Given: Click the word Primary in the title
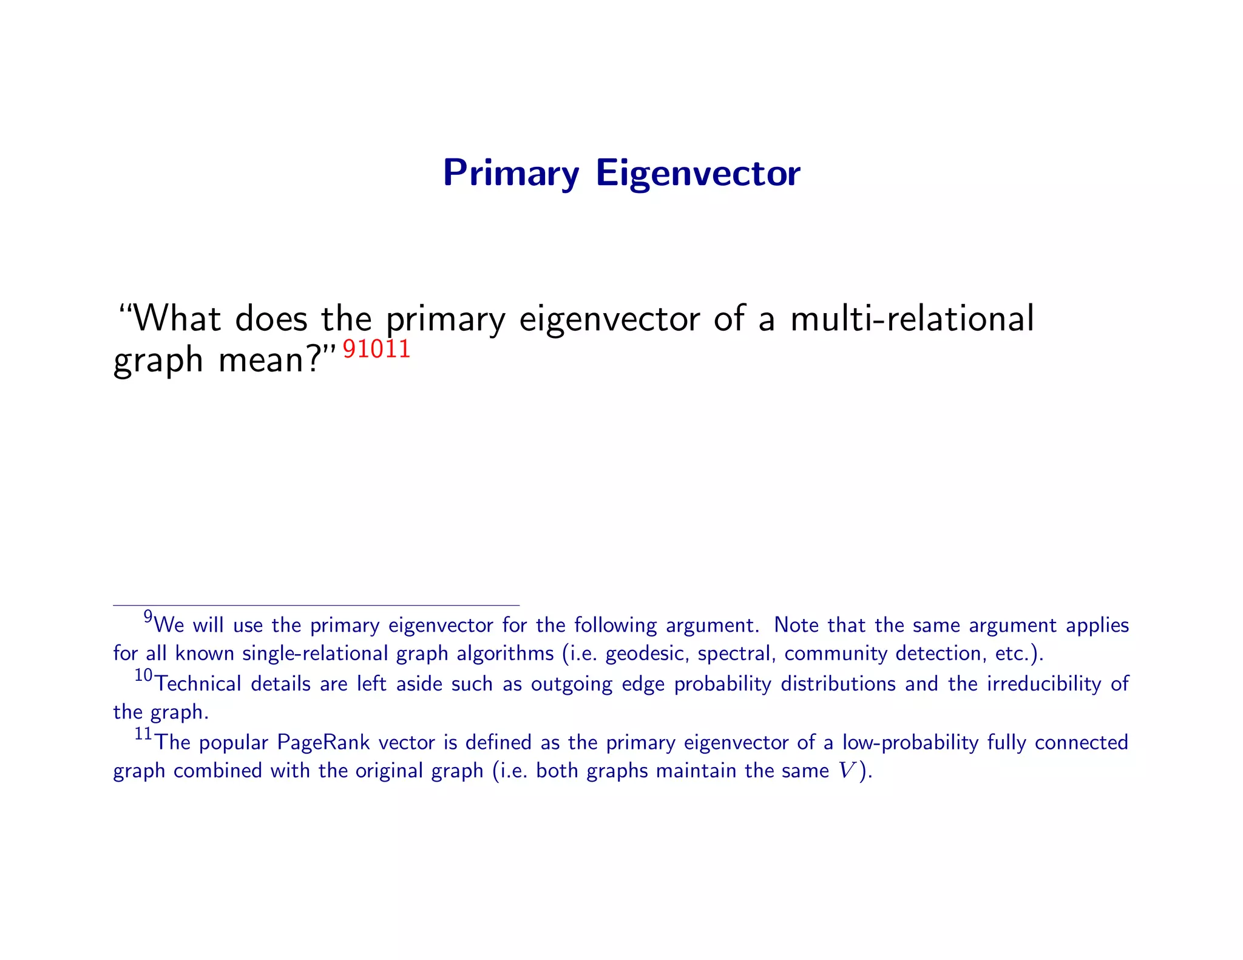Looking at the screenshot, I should pos(511,174).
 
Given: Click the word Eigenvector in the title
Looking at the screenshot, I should pos(698,174).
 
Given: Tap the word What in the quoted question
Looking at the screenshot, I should pos(176,319).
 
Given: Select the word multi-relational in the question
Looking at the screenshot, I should pos(912,319).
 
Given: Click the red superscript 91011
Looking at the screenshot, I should pos(377,350).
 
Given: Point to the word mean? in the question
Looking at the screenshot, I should pos(268,360).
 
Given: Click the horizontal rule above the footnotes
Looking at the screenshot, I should pos(316,605).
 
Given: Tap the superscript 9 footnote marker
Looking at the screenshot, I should pos(147,617).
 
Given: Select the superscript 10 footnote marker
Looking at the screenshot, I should pos(143,675).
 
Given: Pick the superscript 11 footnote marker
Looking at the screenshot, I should pos(143,734).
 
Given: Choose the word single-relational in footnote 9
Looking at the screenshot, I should pos(315,654).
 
